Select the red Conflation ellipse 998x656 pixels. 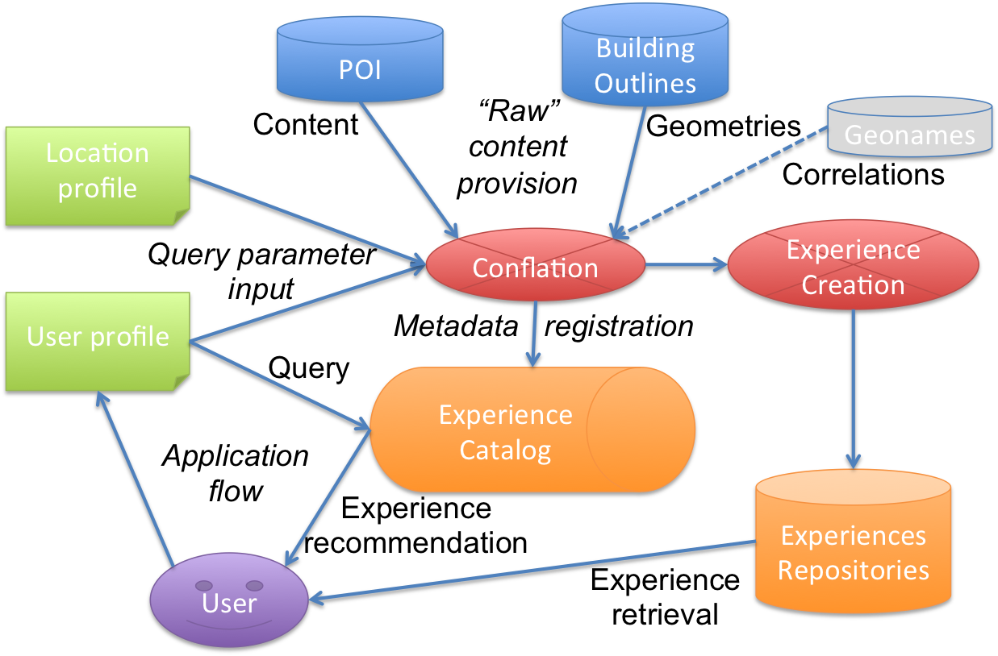535,268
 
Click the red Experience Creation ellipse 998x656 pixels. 853,266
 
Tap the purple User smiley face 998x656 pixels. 229,600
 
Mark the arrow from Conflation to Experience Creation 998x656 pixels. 686,264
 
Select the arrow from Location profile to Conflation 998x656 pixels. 307,218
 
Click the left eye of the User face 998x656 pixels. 204,586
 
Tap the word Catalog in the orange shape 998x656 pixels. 505,450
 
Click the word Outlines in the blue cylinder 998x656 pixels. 645,83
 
